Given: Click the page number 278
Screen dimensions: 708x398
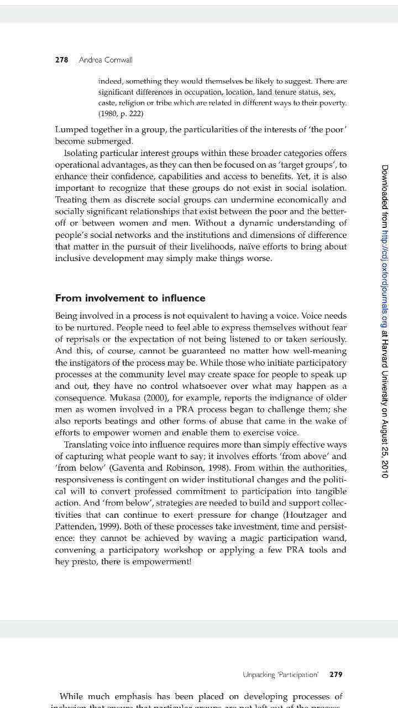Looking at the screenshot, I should [61, 60].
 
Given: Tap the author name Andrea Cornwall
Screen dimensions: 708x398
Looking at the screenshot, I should [106, 60].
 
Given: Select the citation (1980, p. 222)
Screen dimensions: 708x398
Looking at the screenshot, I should [121, 114].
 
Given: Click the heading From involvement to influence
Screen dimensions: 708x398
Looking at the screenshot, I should [130, 298].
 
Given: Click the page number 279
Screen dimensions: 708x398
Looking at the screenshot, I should [336, 674].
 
